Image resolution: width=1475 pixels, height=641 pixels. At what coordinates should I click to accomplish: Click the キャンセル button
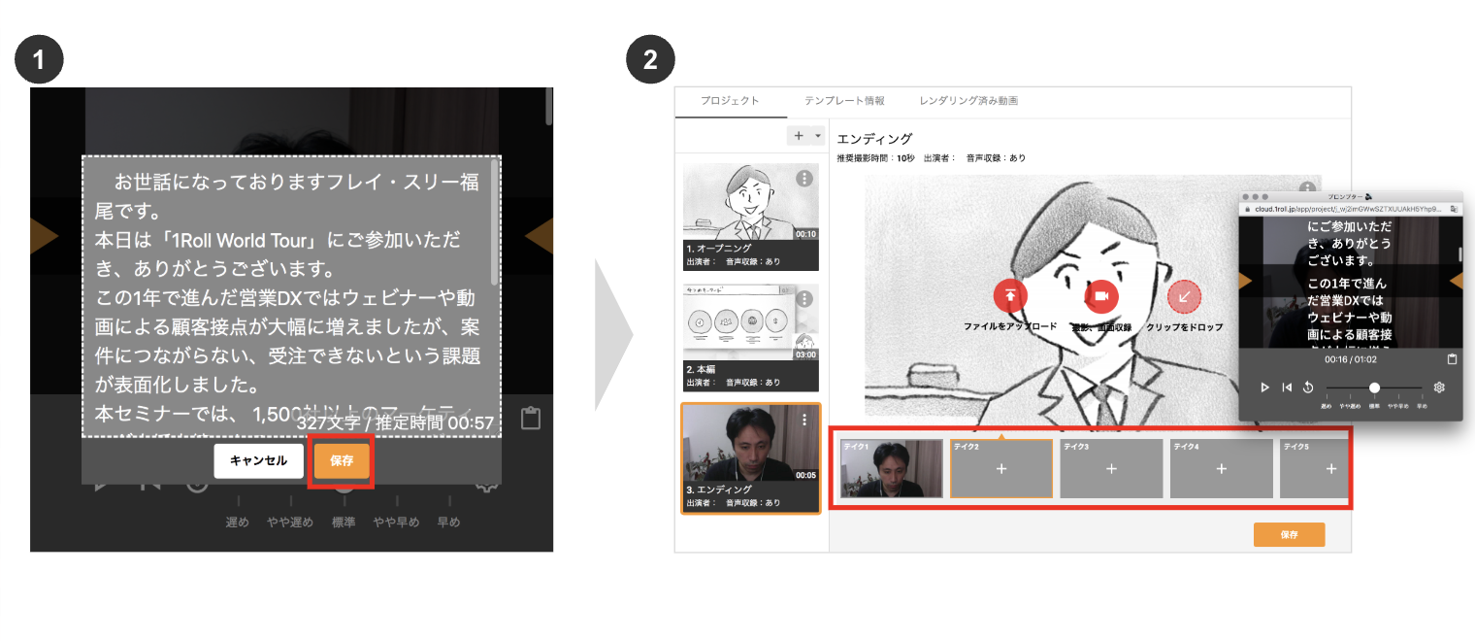258,460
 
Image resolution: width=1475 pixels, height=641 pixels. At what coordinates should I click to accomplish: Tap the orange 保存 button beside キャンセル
342,460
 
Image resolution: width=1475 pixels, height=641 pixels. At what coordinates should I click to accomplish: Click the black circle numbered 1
39,59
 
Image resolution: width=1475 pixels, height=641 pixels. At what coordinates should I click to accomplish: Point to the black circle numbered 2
650,59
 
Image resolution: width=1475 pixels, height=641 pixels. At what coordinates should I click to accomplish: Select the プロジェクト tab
730,101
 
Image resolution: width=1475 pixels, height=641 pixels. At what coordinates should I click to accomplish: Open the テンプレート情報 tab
844,101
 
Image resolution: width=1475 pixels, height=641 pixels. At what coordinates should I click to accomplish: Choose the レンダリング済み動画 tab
967,101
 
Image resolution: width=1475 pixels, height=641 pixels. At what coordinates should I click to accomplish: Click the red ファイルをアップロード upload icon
1010,296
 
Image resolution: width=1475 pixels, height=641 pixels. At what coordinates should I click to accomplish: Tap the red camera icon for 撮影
1101,296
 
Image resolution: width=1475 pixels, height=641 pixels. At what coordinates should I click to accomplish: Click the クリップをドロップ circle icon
1185,296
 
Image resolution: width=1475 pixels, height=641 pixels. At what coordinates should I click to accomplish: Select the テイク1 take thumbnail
892,469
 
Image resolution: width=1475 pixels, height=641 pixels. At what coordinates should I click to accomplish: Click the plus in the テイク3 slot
1111,469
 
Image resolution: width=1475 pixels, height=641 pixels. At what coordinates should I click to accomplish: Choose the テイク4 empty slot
1221,469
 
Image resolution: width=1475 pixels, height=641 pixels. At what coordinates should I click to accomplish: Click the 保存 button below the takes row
1289,534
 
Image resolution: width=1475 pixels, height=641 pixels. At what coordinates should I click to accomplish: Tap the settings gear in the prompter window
1439,387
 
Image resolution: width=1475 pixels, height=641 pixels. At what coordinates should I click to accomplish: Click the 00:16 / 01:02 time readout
1349,358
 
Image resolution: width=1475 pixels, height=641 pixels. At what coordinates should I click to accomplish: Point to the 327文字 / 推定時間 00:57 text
395,422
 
